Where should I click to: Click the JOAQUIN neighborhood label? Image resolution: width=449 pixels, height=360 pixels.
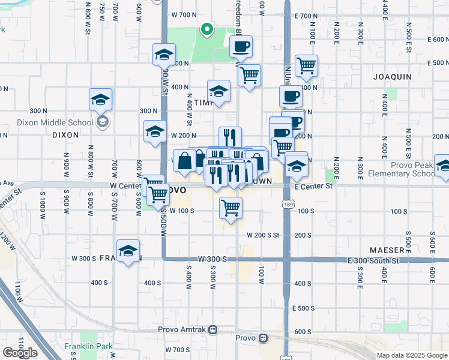(392, 77)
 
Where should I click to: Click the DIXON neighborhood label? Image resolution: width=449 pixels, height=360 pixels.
(65, 135)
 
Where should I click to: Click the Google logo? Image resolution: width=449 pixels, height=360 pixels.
(20, 353)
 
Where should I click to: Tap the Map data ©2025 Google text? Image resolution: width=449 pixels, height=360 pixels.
(412, 355)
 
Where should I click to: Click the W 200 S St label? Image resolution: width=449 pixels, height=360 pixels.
(263, 235)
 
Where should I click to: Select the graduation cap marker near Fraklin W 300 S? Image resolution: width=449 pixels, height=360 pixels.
(128, 252)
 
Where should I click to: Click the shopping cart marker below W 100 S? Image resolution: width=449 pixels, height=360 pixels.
(231, 208)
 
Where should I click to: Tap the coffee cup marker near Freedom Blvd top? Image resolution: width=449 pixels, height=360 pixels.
(241, 46)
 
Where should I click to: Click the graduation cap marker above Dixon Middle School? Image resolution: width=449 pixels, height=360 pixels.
(101, 100)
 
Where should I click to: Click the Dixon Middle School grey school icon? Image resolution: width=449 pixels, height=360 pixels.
(102, 122)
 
